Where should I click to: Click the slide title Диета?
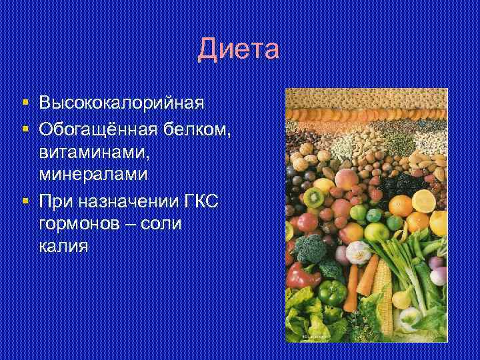239,50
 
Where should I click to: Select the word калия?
63,247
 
